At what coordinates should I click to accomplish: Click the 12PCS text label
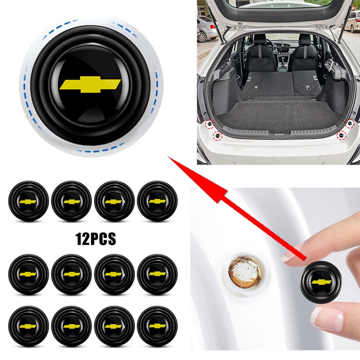pos(96,239)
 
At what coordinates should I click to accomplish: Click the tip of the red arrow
pos(168,156)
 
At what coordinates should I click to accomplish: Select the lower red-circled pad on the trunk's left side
pos(217,136)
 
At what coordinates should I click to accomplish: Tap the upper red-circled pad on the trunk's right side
pos(350,123)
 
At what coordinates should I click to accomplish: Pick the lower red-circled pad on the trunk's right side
pos(342,135)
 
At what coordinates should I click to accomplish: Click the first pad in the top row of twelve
pos(28,201)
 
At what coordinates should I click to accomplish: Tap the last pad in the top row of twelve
pos(157,201)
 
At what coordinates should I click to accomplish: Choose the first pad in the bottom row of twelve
pos(28,326)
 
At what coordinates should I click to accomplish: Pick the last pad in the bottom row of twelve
pos(157,326)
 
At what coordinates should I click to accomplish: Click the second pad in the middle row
pos(72,274)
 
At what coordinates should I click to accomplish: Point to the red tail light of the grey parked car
pos(213,26)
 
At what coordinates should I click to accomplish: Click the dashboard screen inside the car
pos(283,49)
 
